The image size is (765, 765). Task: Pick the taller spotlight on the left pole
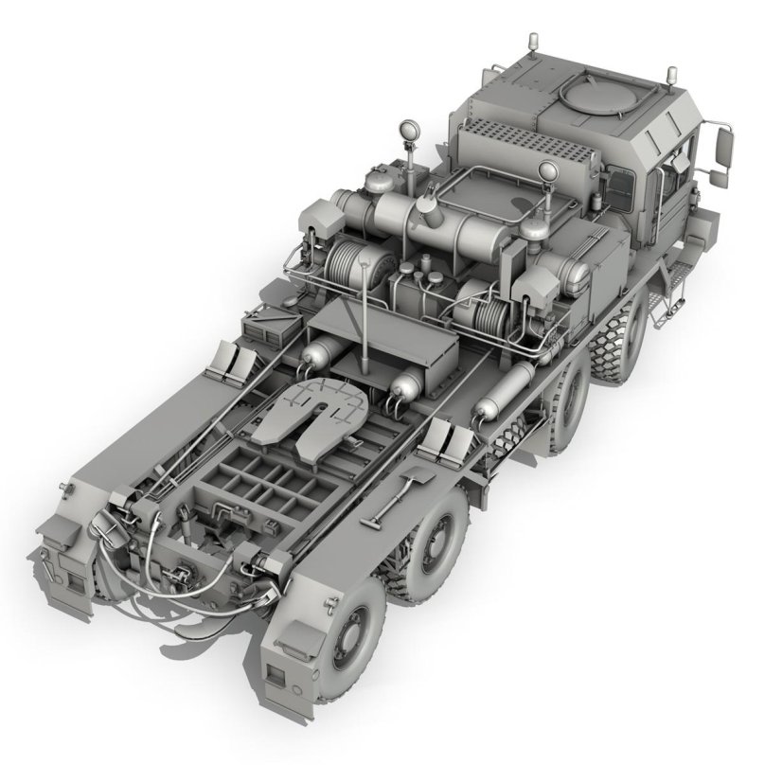click(x=411, y=131)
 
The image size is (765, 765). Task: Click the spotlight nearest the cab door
click(x=546, y=171)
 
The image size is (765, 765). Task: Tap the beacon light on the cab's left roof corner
click(x=532, y=44)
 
